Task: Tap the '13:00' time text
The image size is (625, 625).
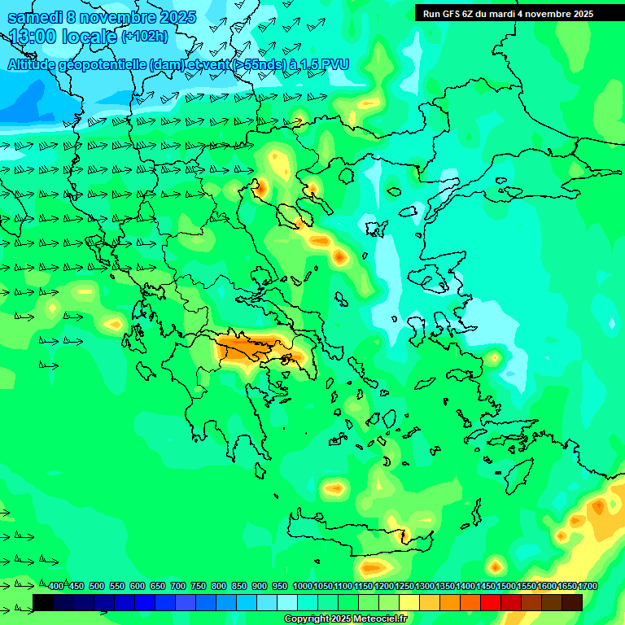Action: [x=32, y=37]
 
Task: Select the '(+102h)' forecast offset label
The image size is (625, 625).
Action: [x=144, y=37]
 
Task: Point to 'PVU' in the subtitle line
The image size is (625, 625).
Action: [x=331, y=64]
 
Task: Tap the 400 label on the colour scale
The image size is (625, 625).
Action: [x=56, y=586]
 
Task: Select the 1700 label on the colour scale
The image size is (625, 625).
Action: [x=588, y=586]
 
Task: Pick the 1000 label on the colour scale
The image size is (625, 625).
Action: [x=302, y=586]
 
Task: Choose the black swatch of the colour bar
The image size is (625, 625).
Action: [x=43, y=602]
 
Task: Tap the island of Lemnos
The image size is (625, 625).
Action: [x=374, y=229]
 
